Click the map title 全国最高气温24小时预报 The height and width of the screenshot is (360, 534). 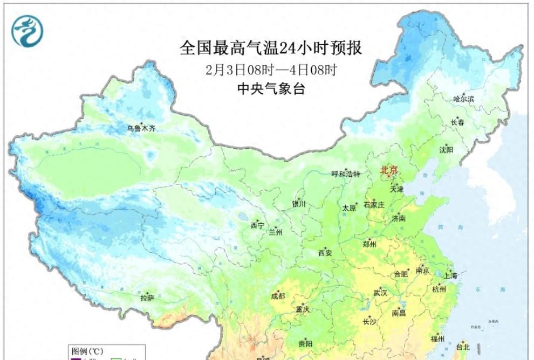click(x=271, y=48)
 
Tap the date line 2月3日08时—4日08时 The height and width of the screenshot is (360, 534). click(x=271, y=70)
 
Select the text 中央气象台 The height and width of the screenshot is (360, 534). click(x=271, y=89)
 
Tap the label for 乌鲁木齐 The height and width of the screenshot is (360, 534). click(x=141, y=128)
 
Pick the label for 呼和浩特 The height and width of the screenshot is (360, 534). click(x=345, y=174)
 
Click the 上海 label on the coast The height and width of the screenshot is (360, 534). click(x=450, y=275)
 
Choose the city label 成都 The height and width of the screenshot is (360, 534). click(x=278, y=295)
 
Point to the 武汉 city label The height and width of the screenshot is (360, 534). click(x=380, y=292)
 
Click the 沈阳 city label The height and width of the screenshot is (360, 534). click(x=446, y=150)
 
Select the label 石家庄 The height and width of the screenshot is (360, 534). click(x=374, y=204)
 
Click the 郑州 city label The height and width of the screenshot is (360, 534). click(x=371, y=244)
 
